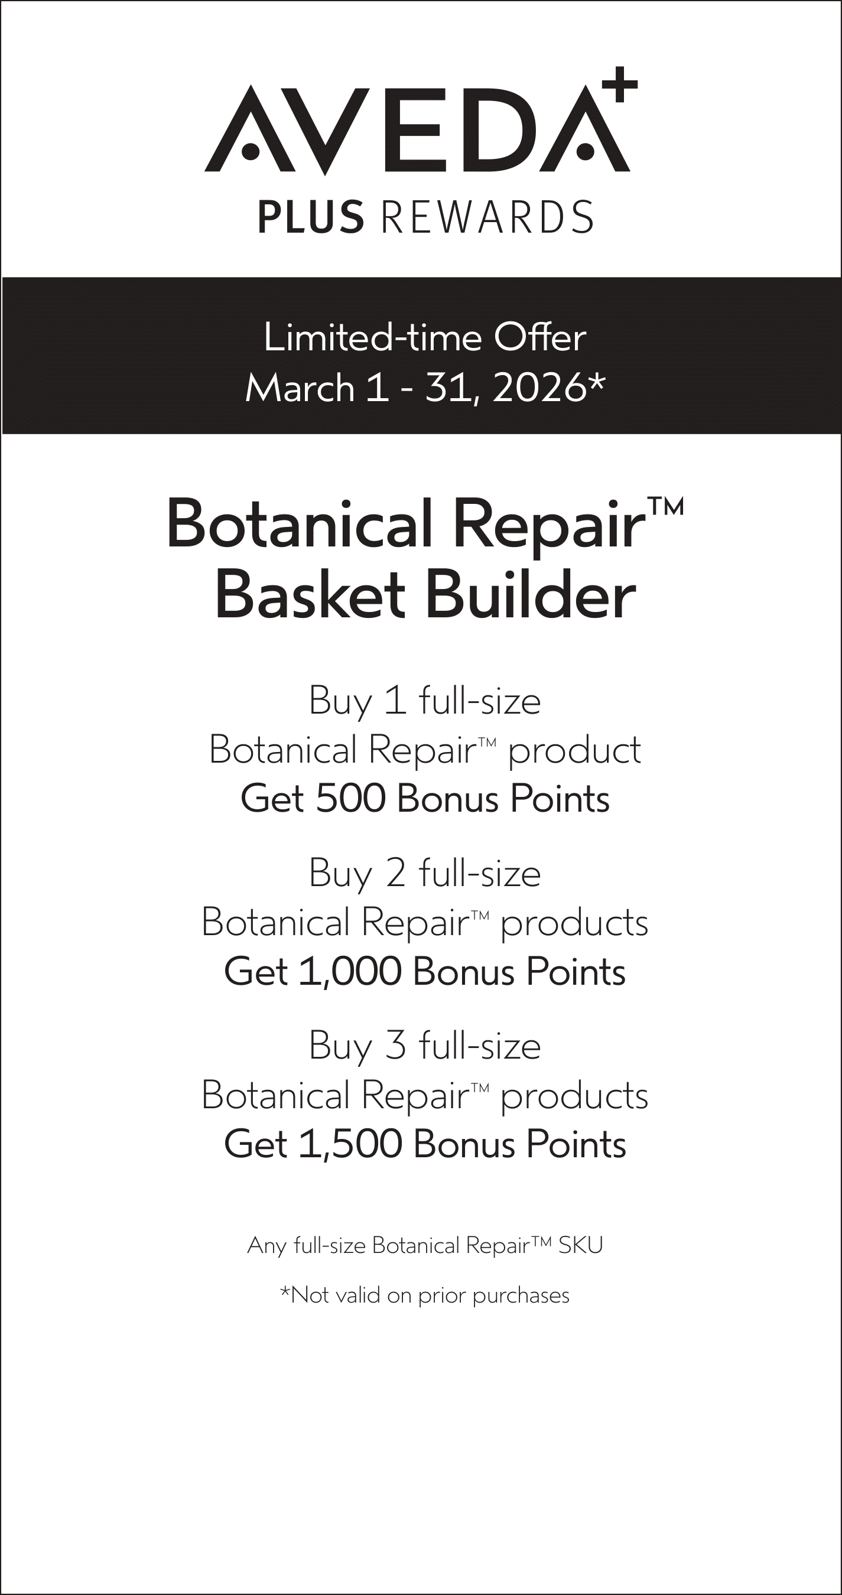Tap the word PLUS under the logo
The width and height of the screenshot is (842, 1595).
tap(311, 217)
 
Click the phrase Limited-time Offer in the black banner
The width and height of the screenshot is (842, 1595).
tap(425, 338)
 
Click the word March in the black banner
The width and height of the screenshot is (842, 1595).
tap(300, 388)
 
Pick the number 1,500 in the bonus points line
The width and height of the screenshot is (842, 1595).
tap(350, 1144)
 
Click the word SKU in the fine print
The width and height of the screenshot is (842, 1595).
tap(580, 1245)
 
